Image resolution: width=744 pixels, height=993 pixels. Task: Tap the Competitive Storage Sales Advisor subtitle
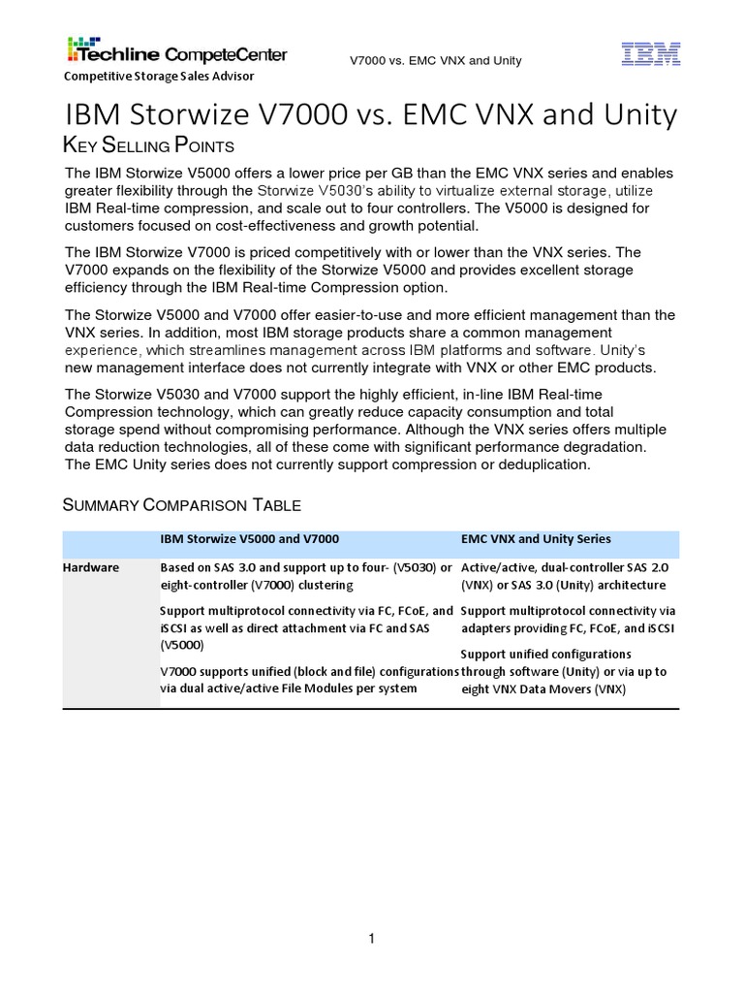point(159,77)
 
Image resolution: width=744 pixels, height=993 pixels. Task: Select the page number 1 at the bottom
point(371,939)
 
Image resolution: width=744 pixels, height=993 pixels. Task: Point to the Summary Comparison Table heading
point(181,504)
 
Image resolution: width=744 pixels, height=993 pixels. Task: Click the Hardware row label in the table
point(91,567)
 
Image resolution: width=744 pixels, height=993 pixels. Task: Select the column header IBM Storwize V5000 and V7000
point(249,539)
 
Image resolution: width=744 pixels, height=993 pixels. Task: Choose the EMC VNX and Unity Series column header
point(536,539)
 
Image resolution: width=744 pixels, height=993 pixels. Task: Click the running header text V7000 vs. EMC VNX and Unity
point(435,61)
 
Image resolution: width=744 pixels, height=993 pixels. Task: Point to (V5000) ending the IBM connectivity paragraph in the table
point(180,643)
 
